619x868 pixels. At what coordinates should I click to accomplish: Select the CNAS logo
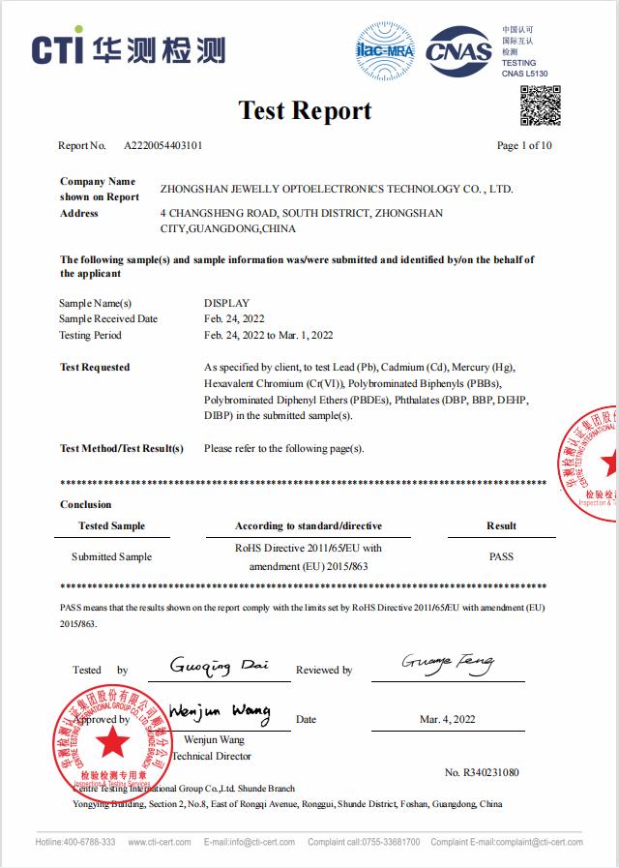click(458, 49)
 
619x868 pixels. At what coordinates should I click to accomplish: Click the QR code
click(541, 105)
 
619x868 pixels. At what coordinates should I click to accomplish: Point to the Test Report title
click(306, 110)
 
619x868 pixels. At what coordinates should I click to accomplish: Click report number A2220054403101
click(163, 146)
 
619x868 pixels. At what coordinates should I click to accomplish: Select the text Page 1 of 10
click(524, 146)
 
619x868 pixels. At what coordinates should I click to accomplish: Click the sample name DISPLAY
click(227, 303)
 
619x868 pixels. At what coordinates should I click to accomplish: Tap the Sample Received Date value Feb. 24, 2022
click(234, 318)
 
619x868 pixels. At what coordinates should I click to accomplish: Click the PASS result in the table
click(501, 556)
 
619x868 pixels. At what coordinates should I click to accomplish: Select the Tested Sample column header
click(111, 526)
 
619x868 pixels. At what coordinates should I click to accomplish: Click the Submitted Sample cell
click(111, 556)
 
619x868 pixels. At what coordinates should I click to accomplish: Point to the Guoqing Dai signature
click(219, 666)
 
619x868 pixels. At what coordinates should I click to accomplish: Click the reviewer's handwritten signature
click(447, 664)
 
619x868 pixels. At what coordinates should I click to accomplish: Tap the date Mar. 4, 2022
click(448, 719)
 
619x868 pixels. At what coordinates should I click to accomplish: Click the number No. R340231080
click(482, 772)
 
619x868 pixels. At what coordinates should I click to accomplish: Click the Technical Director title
click(212, 756)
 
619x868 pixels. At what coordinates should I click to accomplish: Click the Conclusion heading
click(86, 504)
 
